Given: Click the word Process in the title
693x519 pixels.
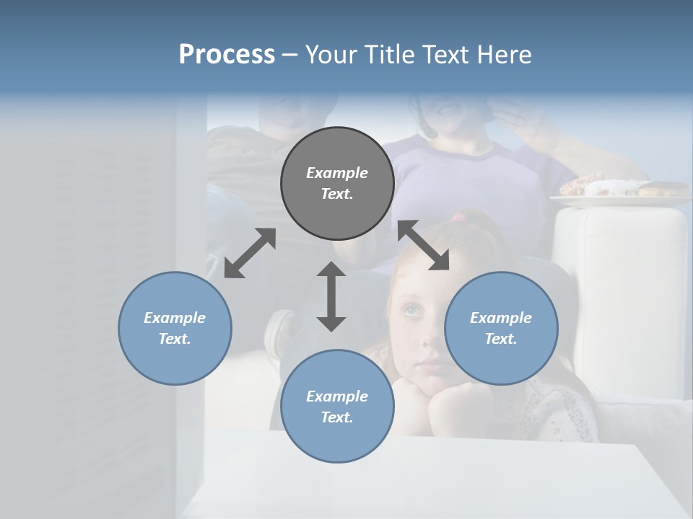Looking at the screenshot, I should (227, 55).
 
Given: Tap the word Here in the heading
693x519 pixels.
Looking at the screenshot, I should (505, 55).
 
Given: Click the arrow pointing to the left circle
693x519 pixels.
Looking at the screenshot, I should (250, 253).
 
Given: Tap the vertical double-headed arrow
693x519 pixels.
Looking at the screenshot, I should (331, 296).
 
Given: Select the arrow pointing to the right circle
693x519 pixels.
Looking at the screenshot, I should (424, 245).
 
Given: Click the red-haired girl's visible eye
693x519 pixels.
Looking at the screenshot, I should (412, 310).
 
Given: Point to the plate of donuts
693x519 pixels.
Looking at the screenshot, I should (614, 190).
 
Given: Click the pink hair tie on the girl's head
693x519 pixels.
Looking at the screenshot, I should (459, 217).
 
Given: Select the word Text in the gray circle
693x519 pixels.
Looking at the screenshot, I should (337, 194).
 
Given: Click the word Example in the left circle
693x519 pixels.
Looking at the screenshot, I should (175, 318).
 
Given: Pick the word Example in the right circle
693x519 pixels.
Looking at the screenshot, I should (501, 318).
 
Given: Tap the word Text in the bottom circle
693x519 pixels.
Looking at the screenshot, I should (337, 417).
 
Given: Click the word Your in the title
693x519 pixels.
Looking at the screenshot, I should (328, 55).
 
